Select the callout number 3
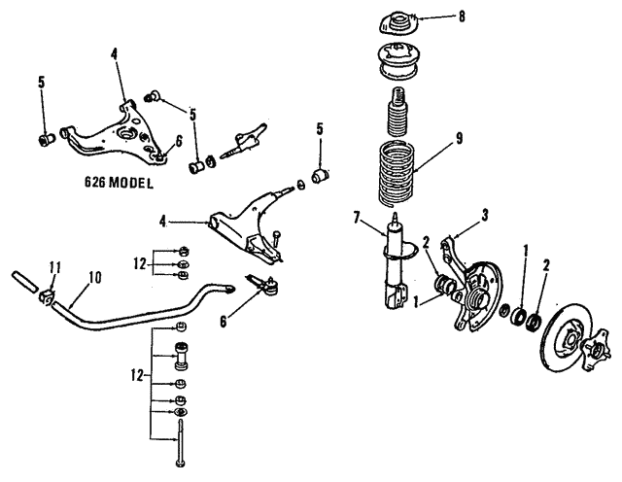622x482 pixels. click(x=470, y=215)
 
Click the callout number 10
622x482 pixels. click(x=94, y=278)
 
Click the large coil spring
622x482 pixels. click(x=398, y=175)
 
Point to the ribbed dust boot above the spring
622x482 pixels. click(x=398, y=116)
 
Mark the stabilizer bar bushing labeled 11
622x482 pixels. click(x=47, y=293)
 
